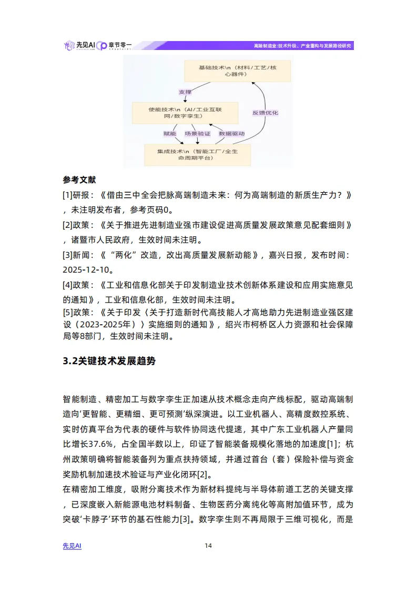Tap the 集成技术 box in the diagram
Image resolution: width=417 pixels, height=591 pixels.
click(197, 154)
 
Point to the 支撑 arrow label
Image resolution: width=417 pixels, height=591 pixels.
click(185, 92)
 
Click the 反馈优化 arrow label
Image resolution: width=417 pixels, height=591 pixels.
click(266, 113)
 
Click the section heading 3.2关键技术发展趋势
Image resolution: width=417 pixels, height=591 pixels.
click(109, 362)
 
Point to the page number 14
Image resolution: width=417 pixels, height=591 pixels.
click(208, 546)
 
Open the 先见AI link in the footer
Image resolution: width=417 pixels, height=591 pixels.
click(72, 546)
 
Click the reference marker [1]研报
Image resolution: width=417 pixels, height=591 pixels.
click(77, 195)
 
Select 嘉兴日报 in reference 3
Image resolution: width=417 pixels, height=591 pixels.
click(283, 255)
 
